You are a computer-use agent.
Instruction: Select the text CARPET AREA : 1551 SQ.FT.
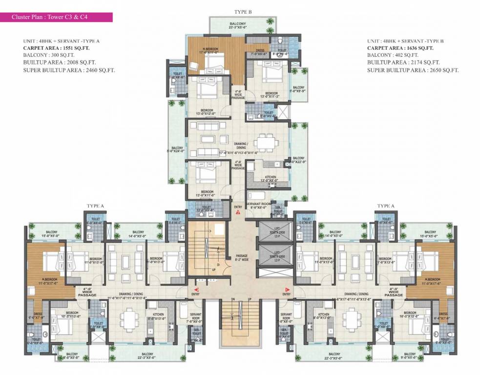(56, 48)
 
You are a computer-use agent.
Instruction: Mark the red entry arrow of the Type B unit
(238, 212)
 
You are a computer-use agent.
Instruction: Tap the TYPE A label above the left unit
(96, 206)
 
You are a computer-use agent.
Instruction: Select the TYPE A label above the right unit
(386, 206)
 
